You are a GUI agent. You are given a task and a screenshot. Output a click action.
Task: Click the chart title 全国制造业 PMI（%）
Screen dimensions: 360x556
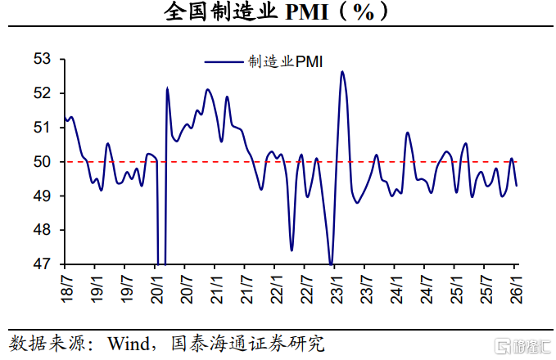(278, 14)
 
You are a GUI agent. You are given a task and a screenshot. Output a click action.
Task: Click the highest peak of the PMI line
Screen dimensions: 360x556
(342, 72)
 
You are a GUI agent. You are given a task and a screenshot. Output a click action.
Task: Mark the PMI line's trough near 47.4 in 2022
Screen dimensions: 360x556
(292, 250)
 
